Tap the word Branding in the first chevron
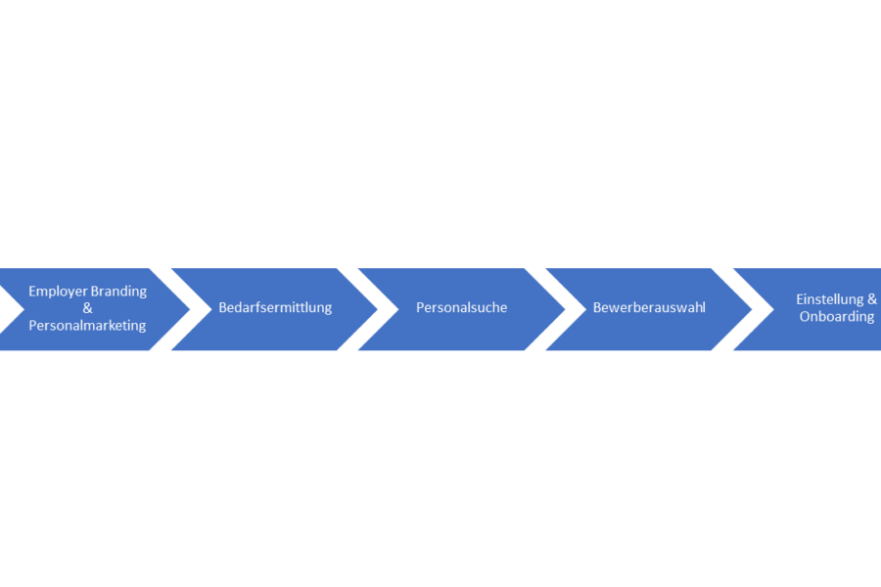click(118, 292)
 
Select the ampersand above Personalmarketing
click(87, 308)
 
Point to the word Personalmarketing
click(87, 325)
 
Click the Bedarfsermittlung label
click(275, 308)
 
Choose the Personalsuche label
click(461, 308)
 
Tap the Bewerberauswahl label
click(649, 308)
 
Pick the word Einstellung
click(831, 299)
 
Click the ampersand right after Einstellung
click(872, 299)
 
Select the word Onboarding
click(837, 316)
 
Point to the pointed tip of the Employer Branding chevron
click(190, 309)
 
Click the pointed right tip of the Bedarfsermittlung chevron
click(378, 309)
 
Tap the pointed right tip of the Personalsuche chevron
click(565, 309)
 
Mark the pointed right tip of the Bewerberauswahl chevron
click(752, 309)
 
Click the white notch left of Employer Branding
click(10, 309)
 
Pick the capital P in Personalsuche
click(420, 307)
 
